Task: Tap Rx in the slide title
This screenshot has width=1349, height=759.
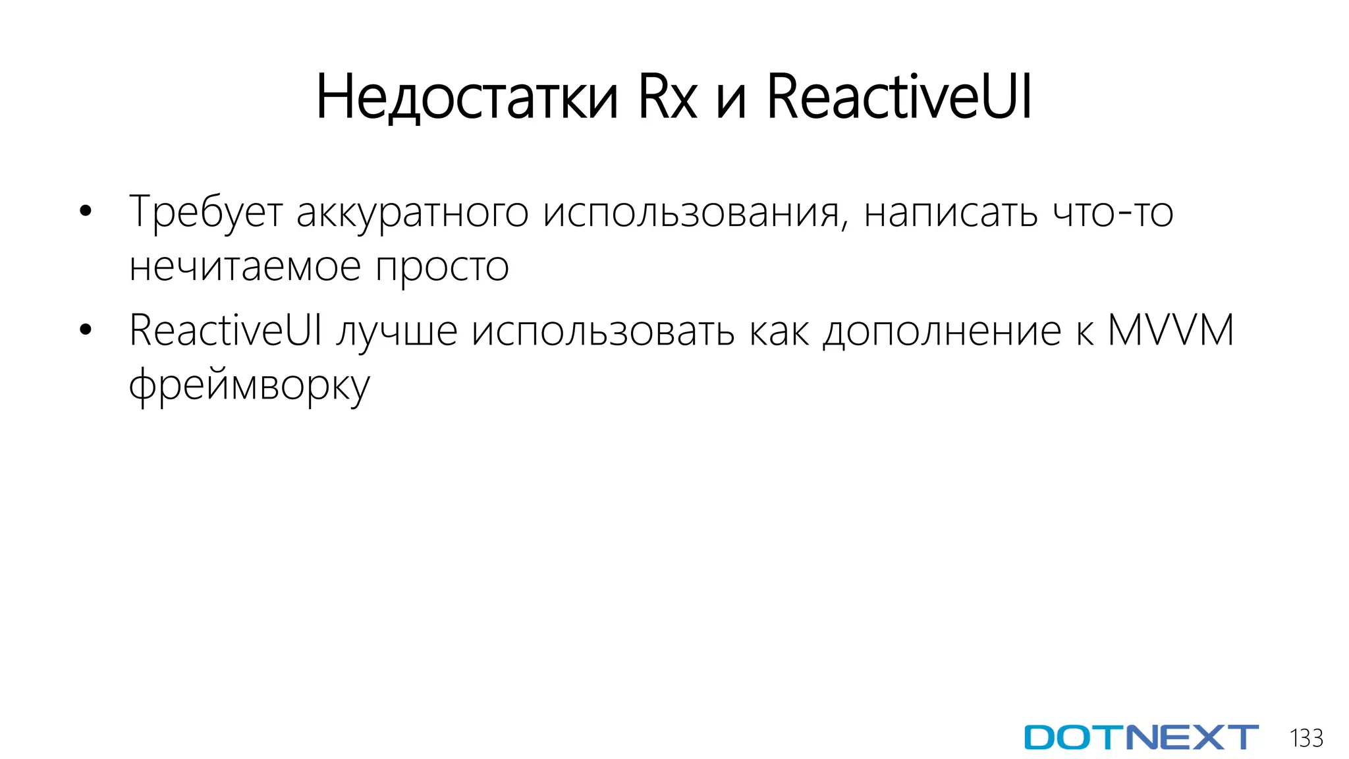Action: pos(667,98)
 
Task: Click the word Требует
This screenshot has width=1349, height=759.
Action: pos(206,212)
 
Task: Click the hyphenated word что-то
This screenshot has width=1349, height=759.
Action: pos(1113,212)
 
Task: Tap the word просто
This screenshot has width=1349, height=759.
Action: pos(442,267)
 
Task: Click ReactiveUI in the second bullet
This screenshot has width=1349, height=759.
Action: pos(225,330)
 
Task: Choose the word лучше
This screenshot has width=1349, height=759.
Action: pos(397,331)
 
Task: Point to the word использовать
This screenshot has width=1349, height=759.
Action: pos(603,331)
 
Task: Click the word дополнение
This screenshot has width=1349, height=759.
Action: pos(943,331)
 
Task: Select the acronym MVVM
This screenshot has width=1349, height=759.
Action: pos(1170,330)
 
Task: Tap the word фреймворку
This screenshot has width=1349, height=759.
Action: pos(249,386)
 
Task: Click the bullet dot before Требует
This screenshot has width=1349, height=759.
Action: pos(85,212)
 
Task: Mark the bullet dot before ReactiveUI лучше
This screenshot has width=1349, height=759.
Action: pos(85,330)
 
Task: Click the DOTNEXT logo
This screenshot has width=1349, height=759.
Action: pos(1141,737)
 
